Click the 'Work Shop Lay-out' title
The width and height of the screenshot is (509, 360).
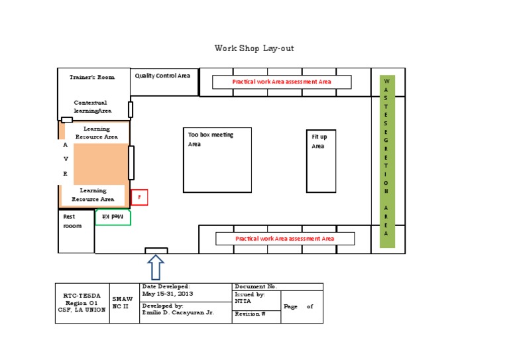[254, 48]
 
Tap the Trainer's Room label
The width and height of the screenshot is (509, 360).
[92, 77]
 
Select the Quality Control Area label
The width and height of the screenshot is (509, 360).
[162, 76]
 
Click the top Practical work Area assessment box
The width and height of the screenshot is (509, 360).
[281, 82]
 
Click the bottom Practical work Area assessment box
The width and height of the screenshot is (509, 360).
[285, 238]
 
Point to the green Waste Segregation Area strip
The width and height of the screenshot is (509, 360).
[386, 161]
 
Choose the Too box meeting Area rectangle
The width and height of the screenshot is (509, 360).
[217, 160]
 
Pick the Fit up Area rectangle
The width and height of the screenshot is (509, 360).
[321, 160]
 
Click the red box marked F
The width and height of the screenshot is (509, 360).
[139, 197]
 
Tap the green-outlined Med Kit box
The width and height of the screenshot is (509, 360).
[113, 217]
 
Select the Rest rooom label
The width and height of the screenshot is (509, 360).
[72, 221]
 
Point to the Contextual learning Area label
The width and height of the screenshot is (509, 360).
[93, 107]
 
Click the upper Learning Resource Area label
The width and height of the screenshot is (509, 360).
[97, 133]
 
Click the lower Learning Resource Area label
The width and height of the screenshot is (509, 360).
[93, 195]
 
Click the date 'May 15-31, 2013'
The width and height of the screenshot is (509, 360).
[167, 294]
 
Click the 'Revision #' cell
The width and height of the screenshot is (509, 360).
[251, 314]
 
